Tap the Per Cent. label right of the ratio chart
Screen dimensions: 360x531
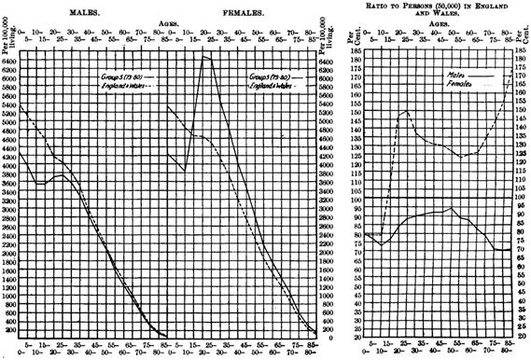point(521,35)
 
